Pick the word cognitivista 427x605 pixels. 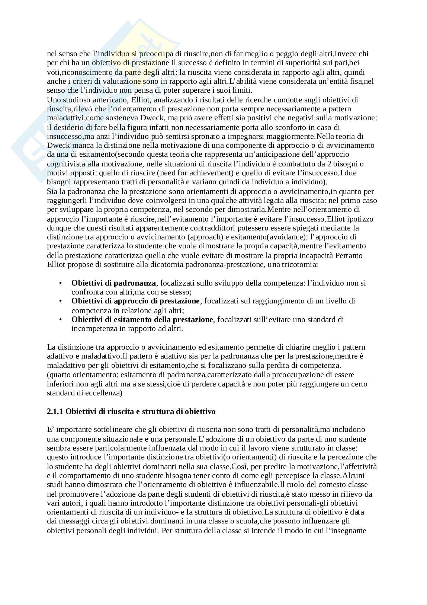67,163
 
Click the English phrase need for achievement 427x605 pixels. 208,173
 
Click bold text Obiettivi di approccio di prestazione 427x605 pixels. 135,301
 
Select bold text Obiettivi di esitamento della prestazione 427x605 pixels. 142,319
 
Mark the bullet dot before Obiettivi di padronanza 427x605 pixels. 60,283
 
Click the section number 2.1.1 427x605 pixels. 56,411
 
